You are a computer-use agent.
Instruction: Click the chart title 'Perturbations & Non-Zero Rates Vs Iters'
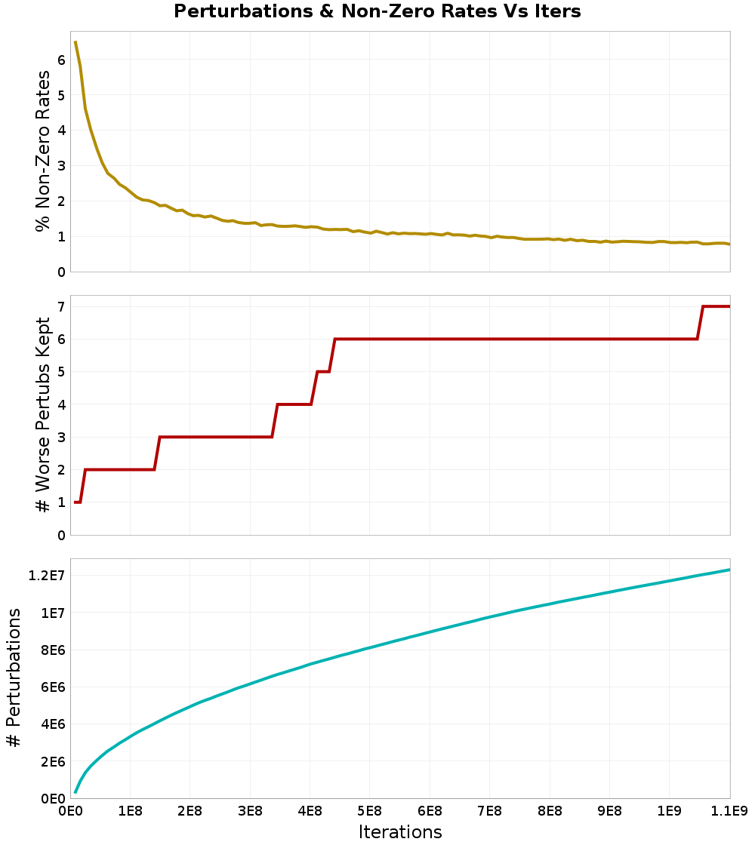point(377,11)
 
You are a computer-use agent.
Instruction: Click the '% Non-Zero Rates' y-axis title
point(44,151)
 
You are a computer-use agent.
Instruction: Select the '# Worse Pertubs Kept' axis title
point(44,415)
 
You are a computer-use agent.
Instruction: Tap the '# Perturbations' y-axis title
point(14,678)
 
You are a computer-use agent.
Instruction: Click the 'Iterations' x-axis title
point(399,831)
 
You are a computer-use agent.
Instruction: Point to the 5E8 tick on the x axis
point(369,812)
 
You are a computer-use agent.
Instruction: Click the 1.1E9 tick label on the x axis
point(729,812)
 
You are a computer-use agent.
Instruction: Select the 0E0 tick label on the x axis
point(70,812)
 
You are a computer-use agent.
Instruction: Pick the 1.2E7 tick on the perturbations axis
point(46,576)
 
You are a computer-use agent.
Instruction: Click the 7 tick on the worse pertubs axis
point(60,306)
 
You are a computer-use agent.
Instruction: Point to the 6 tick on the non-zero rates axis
point(60,60)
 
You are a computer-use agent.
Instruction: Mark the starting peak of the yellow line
point(75,43)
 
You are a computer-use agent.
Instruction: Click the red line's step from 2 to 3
point(157,453)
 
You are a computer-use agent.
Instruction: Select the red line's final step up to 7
point(700,323)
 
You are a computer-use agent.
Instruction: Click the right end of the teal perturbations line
point(729,570)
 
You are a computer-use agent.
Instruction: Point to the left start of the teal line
point(75,792)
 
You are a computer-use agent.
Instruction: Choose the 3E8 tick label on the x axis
point(250,812)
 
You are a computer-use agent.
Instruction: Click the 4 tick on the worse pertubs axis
point(60,404)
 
